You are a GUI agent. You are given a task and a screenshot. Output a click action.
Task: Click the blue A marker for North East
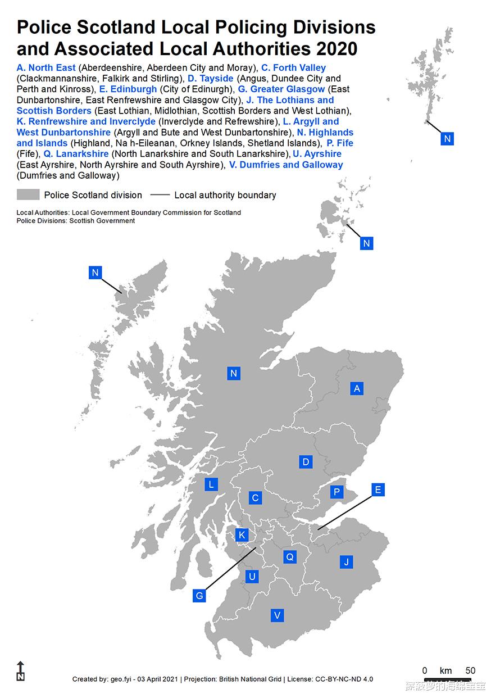356,388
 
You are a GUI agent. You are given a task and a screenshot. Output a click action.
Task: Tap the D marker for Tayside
306,462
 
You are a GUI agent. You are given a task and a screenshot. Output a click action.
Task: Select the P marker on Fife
337,492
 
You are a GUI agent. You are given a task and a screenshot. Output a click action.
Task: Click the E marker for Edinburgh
378,490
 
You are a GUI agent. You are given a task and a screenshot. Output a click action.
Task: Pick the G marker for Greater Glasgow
199,596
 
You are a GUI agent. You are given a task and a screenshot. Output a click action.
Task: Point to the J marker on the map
347,561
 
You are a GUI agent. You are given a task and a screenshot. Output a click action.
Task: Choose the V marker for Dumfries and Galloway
276,615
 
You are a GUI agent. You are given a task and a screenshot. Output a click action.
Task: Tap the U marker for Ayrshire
252,577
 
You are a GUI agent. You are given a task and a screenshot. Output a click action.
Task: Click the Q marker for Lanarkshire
290,557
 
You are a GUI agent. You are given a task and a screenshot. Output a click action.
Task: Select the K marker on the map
242,534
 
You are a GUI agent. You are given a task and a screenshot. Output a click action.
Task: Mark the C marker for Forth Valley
255,498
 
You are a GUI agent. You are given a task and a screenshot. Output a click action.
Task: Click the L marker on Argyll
211,484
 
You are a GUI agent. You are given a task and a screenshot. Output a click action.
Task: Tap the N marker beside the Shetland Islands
447,139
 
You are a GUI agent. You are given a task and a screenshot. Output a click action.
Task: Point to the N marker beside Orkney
366,243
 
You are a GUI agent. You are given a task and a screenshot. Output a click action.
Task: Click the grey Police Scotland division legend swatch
28,195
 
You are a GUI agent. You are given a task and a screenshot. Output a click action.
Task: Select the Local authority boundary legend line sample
160,195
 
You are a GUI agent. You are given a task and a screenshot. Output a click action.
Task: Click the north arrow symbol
21,671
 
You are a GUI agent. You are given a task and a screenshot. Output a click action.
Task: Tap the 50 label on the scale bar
470,670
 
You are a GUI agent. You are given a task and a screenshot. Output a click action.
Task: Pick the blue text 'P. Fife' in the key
340,143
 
